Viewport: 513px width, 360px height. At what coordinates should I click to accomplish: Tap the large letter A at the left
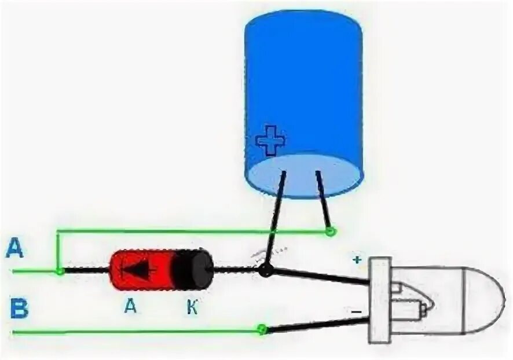tap(16, 249)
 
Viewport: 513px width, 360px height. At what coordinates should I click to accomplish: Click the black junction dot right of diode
tap(265, 270)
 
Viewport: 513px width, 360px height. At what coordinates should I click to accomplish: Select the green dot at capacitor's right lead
tap(330, 232)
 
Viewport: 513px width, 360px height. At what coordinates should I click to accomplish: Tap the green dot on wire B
tap(262, 330)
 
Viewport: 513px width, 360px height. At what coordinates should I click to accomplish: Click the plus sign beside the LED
tap(357, 260)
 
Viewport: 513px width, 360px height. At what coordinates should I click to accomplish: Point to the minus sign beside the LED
tap(356, 312)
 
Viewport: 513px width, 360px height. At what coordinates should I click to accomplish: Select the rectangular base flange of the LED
tap(380, 300)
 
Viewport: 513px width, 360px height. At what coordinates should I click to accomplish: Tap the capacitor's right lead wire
tap(323, 200)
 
